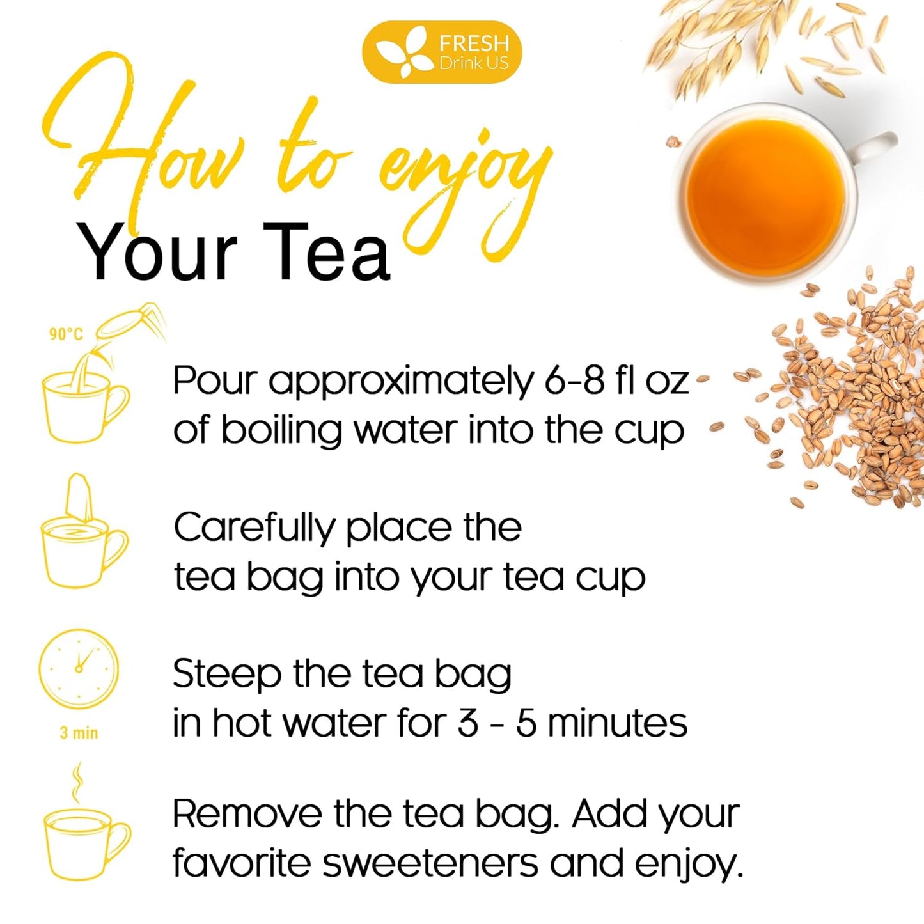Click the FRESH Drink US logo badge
(442, 52)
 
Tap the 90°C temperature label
(66, 334)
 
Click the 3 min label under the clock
(79, 733)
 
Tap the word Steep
(226, 675)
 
